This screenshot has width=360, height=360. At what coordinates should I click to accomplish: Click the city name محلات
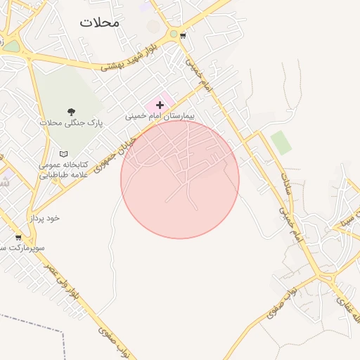[x=99, y=22]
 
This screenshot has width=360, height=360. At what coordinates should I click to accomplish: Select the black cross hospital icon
[x=160, y=105]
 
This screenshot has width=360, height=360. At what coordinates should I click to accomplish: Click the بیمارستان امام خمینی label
[x=159, y=115]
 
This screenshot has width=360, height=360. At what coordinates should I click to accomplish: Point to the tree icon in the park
[x=70, y=111]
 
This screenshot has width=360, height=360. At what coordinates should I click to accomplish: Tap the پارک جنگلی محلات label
[x=70, y=122]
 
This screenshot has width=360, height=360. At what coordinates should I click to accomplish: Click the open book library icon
[x=64, y=153]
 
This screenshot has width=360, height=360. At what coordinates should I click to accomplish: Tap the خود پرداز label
[x=44, y=218]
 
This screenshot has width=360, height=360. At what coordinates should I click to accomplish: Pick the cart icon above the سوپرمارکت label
[x=18, y=238]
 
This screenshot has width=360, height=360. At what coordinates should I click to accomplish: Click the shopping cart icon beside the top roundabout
[x=184, y=35]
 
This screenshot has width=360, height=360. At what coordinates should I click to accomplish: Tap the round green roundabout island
[x=173, y=33]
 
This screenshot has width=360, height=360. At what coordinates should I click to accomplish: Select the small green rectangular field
[x=281, y=142]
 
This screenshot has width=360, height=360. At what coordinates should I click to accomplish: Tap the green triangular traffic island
[x=12, y=46]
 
